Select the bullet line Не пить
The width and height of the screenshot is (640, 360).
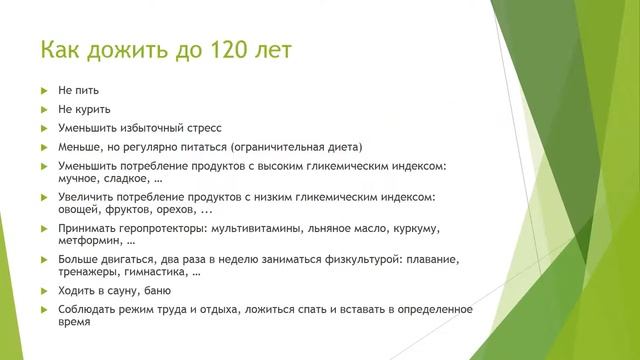pos(78,91)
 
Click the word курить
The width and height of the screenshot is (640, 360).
pos(91,109)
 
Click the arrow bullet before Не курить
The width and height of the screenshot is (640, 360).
pos(43,109)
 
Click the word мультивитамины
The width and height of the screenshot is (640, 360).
pos(257,229)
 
